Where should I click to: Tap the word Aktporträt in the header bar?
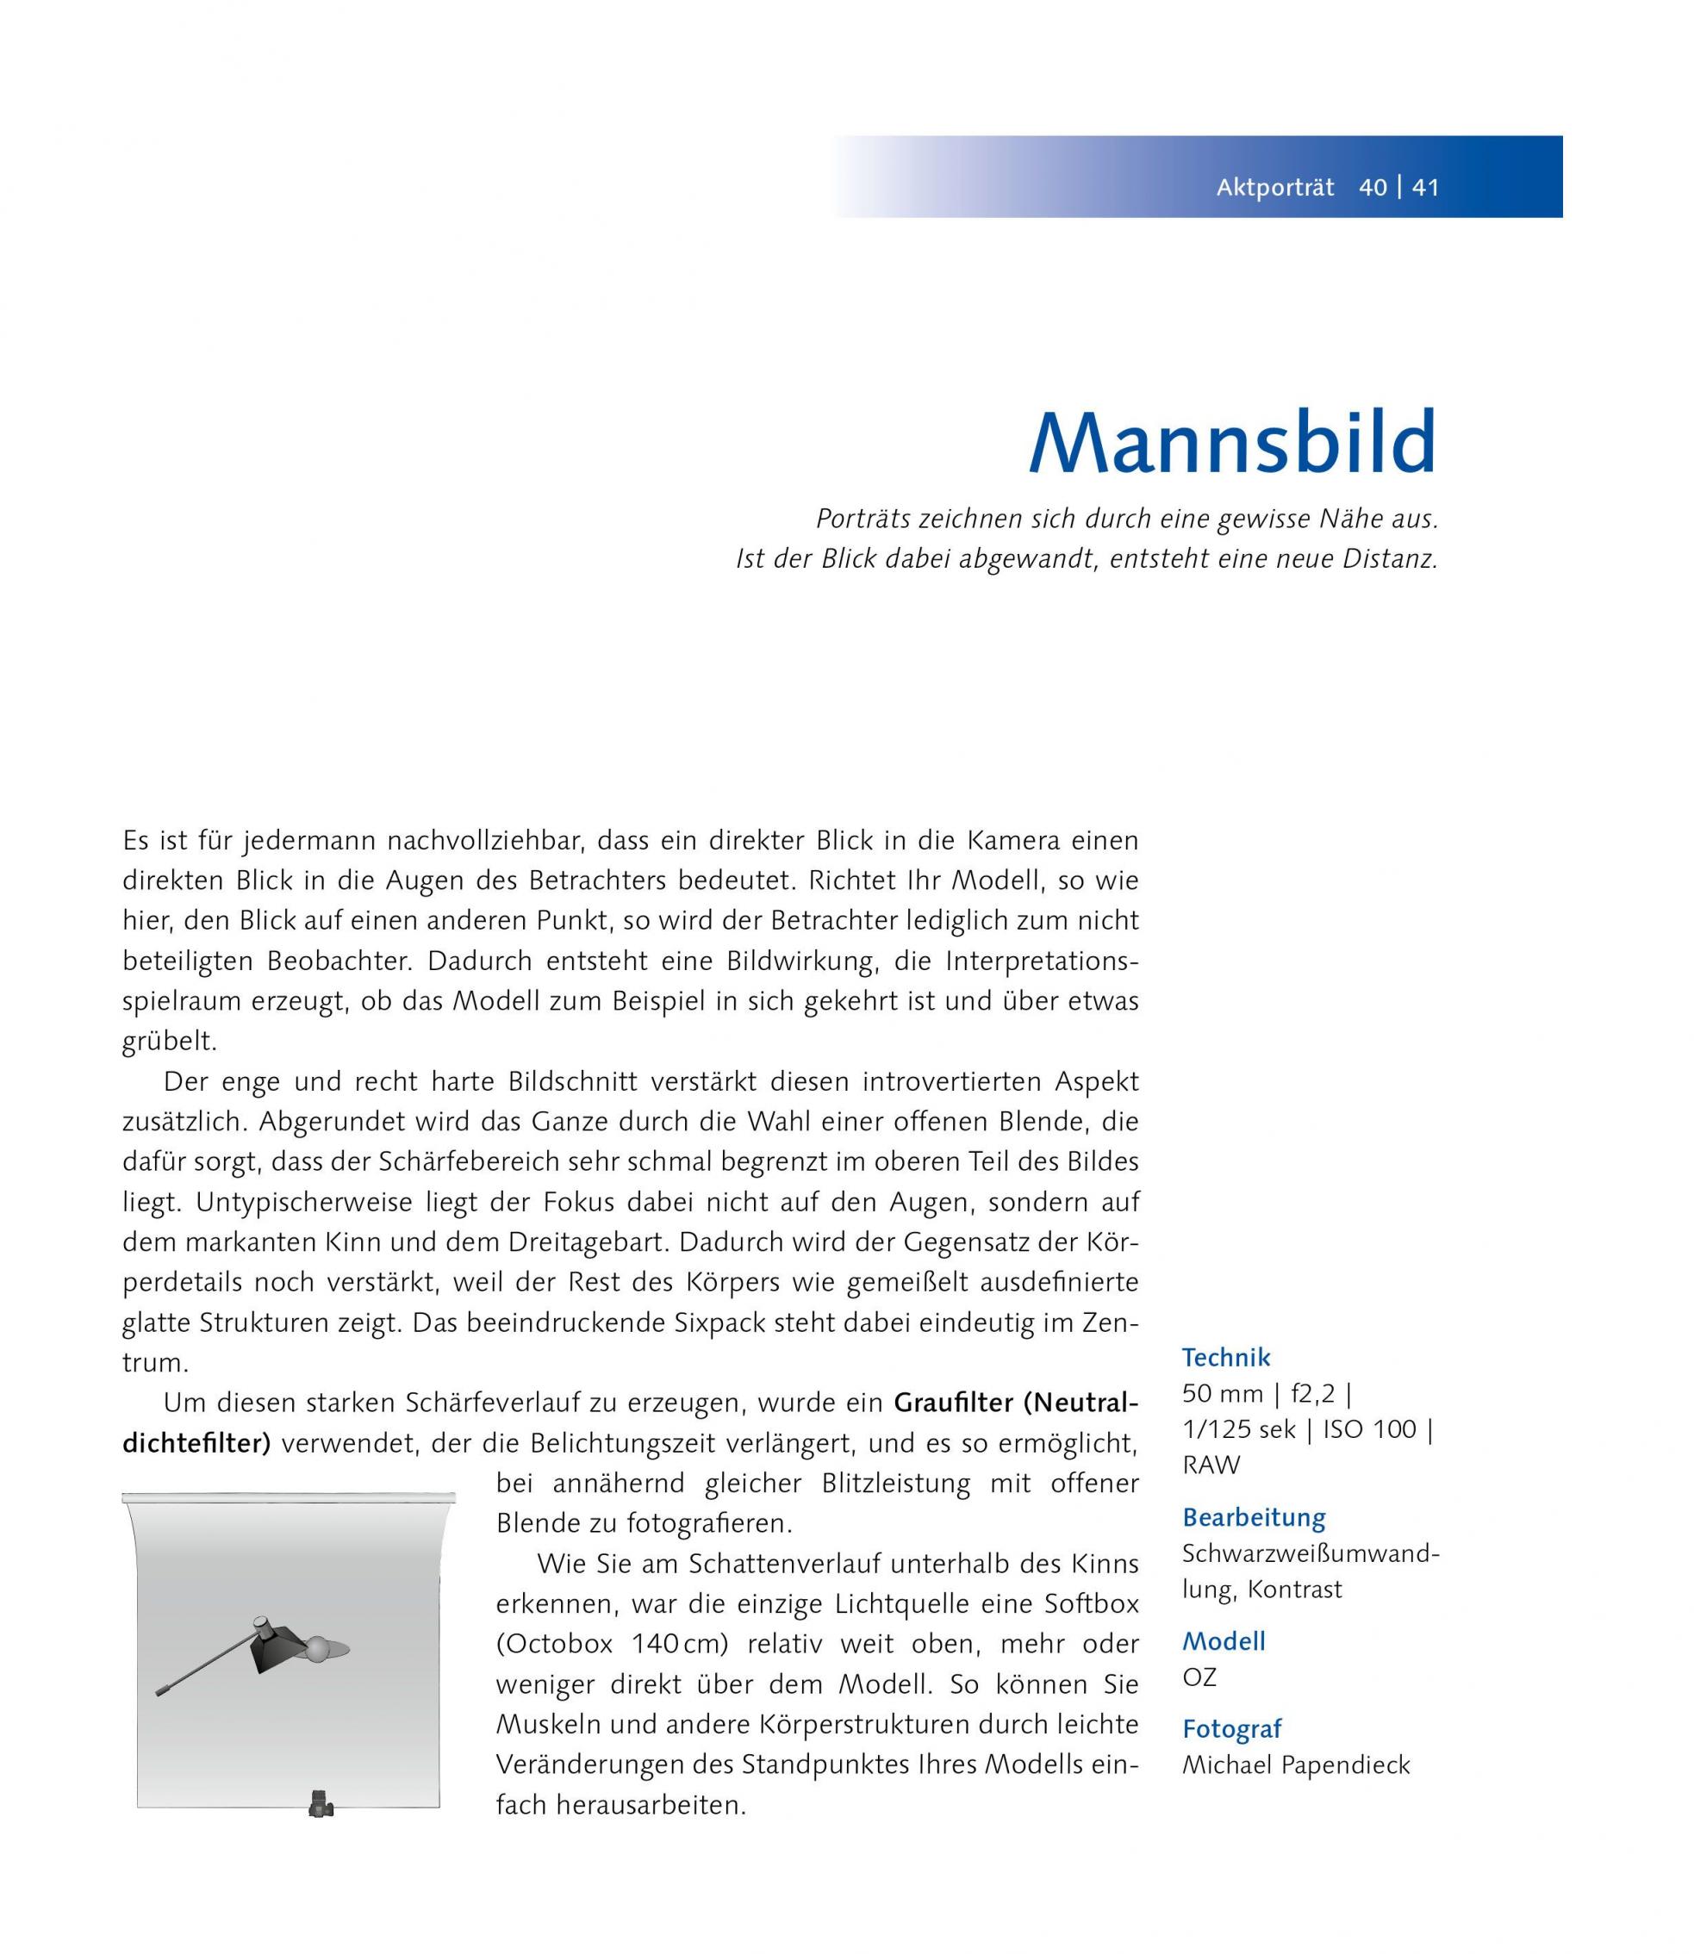(1274, 187)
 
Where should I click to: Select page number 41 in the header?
(1424, 187)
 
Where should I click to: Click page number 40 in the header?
(1373, 187)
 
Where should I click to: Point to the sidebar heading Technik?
(1225, 1358)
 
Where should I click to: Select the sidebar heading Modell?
(1224, 1641)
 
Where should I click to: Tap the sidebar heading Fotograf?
(1232, 1729)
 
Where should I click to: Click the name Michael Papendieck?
(1295, 1765)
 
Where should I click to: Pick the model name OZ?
(1199, 1677)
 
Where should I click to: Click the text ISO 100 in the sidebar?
(1370, 1429)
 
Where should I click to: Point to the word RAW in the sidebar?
(1210, 1465)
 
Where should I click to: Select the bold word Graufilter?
(953, 1403)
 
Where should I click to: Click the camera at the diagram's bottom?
(320, 1804)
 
